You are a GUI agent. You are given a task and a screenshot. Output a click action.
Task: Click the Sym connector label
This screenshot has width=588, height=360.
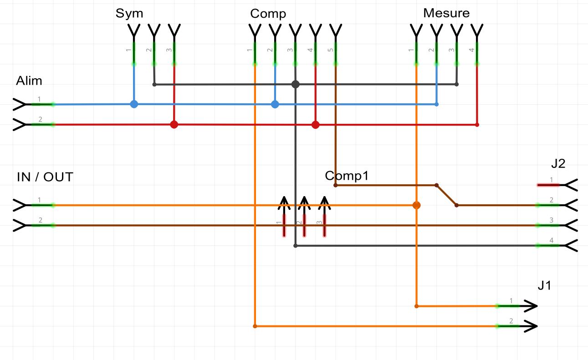coord(129,13)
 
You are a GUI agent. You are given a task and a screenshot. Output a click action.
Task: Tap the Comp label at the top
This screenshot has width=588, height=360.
coord(268,14)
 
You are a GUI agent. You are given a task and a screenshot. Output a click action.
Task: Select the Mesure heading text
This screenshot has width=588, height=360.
coord(446,13)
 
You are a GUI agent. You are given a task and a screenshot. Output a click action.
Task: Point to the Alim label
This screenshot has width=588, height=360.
coord(29,81)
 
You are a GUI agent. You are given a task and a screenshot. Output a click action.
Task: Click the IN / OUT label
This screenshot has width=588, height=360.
coord(45,177)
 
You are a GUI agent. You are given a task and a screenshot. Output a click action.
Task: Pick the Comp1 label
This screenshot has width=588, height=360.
coord(346,176)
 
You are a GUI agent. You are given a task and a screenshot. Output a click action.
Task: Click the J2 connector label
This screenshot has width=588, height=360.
coord(557,164)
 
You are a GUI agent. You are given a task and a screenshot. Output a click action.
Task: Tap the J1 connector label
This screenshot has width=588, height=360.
coord(545,286)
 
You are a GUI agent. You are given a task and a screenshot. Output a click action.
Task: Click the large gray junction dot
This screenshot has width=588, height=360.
coord(295,84)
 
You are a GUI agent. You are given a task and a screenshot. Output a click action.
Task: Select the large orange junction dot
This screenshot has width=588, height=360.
coord(416,205)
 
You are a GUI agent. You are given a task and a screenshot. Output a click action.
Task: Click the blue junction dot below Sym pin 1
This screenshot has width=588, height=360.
coord(134,104)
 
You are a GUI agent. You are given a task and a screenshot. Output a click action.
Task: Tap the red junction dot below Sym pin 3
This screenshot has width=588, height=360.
coord(174,124)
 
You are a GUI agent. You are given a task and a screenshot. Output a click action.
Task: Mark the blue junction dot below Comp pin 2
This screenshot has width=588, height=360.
coord(275,104)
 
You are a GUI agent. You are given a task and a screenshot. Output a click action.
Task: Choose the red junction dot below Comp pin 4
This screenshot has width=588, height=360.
coord(315,124)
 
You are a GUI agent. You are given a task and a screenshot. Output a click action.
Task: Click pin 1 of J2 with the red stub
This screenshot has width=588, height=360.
coord(549,185)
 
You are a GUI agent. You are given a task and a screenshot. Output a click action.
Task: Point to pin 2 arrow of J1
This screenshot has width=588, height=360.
coord(529,326)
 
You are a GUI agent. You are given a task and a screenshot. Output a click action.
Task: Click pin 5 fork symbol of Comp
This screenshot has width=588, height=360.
coord(335,32)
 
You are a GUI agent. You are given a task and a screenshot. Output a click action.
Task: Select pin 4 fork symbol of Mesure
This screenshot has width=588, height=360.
coord(476,32)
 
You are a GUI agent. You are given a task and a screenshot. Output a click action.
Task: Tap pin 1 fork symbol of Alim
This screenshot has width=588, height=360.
coord(20,105)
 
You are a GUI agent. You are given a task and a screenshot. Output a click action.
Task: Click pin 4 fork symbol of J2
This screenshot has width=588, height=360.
coord(571,246)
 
